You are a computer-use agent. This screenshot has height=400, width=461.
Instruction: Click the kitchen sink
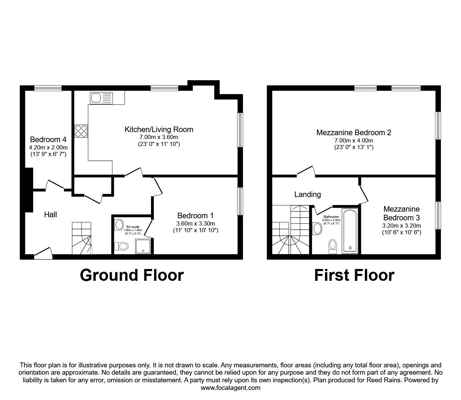(101, 98)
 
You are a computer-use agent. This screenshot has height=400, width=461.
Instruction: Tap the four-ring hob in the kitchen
(81, 131)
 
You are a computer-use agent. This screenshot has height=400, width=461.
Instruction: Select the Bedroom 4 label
(48, 140)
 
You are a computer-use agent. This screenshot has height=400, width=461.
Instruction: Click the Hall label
(51, 215)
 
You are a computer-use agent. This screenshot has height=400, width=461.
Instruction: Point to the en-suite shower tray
(143, 246)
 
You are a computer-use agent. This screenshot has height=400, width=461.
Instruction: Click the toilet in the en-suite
(121, 246)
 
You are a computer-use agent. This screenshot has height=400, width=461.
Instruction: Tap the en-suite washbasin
(119, 225)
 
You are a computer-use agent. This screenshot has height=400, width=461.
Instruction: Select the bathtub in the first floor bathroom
(350, 231)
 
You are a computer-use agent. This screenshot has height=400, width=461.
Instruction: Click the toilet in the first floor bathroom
(333, 246)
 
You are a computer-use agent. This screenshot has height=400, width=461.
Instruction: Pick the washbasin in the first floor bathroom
(317, 228)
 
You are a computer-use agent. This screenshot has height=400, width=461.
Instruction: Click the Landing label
(308, 195)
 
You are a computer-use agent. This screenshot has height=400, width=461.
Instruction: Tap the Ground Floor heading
(132, 275)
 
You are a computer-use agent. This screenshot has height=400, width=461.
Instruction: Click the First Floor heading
(354, 275)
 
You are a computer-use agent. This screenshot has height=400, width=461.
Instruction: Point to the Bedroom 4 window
(48, 88)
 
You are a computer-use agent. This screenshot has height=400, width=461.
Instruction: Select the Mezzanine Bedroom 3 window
(438, 215)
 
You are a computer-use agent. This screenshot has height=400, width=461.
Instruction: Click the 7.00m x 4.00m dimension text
(354, 140)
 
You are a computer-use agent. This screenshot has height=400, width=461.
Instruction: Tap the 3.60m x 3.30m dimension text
(195, 223)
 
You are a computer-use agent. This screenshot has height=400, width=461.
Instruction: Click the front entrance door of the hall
(43, 253)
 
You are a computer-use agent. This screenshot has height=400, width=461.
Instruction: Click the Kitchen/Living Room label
(159, 130)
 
